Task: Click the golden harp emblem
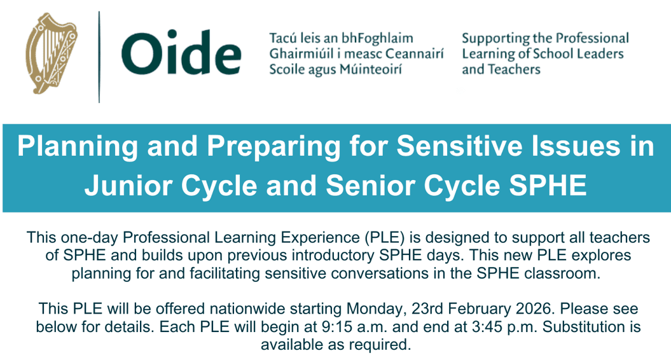point(51,53)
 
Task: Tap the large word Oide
point(181,53)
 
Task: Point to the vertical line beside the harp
point(99,57)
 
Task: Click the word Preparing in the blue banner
point(274,147)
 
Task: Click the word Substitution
point(583,327)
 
